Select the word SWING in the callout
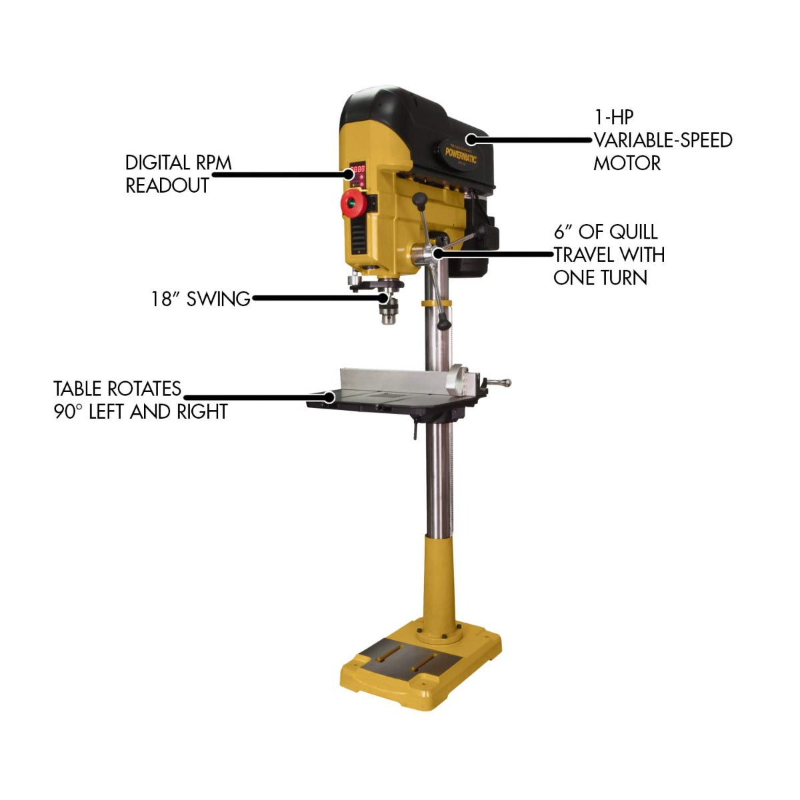[218, 299]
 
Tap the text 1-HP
[613, 117]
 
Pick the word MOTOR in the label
[627, 163]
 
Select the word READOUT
[167, 186]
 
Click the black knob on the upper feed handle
[420, 199]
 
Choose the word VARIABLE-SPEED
[663, 141]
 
